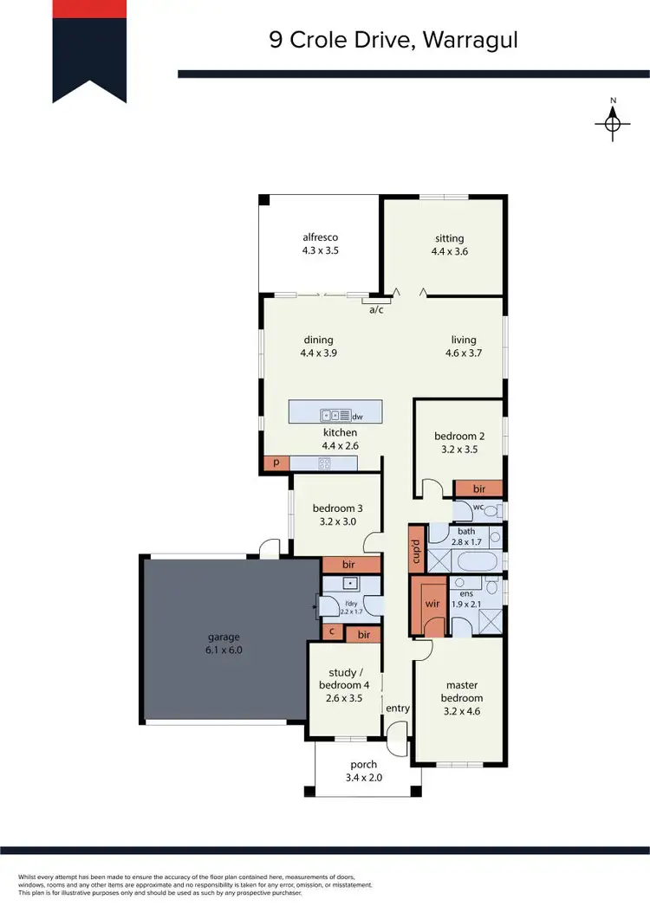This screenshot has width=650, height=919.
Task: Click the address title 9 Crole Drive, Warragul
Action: click(393, 40)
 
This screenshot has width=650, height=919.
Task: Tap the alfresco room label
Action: click(319, 237)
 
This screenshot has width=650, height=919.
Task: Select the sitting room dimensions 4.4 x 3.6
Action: click(450, 252)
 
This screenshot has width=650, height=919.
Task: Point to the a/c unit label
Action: click(376, 309)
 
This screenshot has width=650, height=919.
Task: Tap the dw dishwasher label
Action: click(356, 416)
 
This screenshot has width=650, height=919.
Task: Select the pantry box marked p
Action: click(276, 463)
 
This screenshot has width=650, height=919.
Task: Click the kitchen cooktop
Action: click(325, 463)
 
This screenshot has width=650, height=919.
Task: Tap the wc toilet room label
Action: click(478, 507)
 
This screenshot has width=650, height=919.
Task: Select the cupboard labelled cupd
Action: click(416, 548)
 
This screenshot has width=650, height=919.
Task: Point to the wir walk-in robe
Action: click(430, 604)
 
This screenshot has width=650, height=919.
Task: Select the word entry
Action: click(398, 709)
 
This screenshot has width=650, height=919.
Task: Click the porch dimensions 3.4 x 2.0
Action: click(364, 777)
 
